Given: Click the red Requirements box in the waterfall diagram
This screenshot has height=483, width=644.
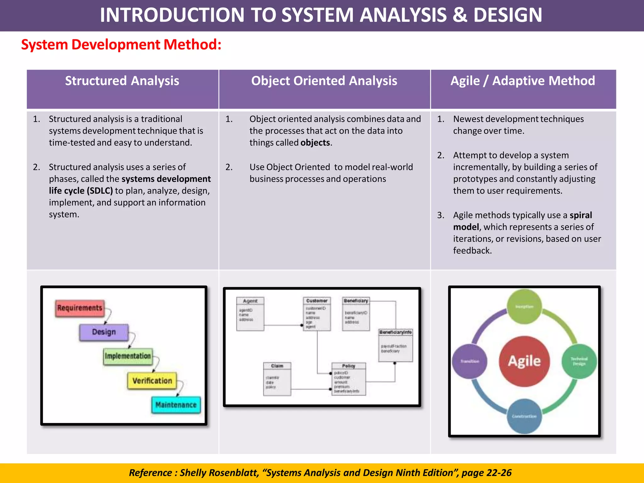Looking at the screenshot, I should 80,308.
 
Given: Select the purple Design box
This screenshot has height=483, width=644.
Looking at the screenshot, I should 104,332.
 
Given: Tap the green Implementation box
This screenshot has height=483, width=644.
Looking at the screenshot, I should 128,356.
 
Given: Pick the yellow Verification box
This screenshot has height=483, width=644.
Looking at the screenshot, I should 152,381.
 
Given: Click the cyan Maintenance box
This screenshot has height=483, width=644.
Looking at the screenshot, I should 176,405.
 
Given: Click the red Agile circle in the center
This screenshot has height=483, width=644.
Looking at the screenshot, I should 524,361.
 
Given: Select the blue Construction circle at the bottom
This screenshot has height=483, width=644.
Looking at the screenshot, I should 524,416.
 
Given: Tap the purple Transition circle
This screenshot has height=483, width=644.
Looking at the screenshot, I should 470,361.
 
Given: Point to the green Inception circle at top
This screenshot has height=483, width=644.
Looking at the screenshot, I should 524,307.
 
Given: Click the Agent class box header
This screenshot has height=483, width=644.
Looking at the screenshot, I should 250,301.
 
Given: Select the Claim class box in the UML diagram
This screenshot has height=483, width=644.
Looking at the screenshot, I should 277,379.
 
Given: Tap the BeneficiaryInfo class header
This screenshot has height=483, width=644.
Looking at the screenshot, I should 396,332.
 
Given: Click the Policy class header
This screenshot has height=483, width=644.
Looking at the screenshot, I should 348,366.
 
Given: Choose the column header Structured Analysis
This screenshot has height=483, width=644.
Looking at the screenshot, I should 122,81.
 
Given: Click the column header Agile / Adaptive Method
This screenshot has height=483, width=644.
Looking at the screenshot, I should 523,81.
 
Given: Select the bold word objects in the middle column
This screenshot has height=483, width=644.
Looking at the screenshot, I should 315,143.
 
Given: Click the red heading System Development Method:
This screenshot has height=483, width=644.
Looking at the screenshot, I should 121,44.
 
